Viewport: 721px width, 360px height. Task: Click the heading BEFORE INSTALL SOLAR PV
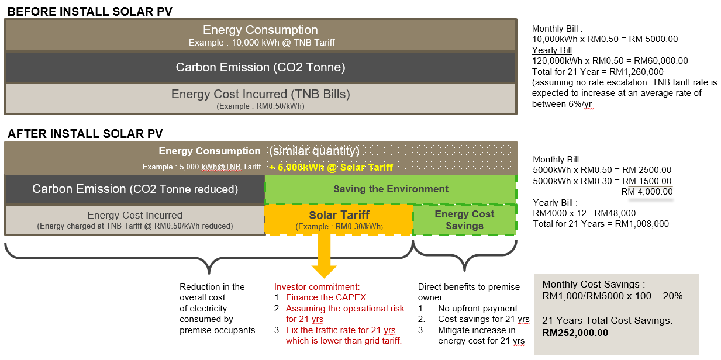point(90,12)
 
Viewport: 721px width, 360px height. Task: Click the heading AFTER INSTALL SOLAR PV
point(85,134)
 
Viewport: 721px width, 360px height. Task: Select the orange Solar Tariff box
point(339,219)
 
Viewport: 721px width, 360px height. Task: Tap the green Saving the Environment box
point(391,189)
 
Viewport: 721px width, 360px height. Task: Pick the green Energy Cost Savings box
point(464,220)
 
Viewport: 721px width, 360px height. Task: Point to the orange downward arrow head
point(324,272)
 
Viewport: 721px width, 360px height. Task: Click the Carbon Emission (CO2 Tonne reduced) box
point(135,189)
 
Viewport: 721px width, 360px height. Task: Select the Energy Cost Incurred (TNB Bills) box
point(260,98)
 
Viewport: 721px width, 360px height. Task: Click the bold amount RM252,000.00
point(575,333)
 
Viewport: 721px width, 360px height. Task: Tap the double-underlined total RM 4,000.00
point(647,192)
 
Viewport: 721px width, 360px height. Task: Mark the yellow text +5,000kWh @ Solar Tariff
point(331,167)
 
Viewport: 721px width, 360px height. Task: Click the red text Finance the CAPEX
point(326,297)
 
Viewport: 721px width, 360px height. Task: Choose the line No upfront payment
point(478,309)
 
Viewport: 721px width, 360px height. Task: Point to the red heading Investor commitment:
point(317,286)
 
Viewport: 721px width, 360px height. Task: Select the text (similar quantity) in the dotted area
point(314,151)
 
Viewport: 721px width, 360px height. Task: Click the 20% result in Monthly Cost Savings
point(672,296)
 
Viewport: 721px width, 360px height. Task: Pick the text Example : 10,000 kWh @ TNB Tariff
point(262,43)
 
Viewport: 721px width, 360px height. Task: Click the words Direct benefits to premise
point(468,287)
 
